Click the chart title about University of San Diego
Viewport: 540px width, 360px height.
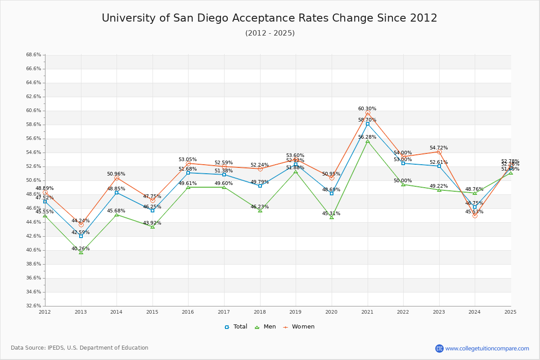click(x=270, y=18)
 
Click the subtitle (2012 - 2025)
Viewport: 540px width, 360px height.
click(x=270, y=33)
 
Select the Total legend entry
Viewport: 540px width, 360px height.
click(x=236, y=327)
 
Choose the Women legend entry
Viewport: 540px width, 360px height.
click(x=298, y=327)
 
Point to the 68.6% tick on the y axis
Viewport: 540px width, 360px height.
click(x=34, y=55)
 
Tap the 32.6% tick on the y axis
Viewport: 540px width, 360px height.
click(x=34, y=306)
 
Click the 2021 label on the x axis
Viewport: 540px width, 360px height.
click(x=368, y=311)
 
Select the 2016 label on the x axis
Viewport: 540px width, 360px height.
click(x=188, y=311)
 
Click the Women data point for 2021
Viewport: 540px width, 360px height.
click(x=368, y=113)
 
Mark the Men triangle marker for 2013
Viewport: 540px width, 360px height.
click(x=81, y=252)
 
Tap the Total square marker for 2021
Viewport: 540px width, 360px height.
click(x=368, y=124)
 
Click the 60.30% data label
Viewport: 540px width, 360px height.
click(x=367, y=108)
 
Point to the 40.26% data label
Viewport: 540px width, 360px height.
click(x=81, y=248)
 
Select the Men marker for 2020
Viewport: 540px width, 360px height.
click(x=332, y=217)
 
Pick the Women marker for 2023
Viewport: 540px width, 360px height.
click(x=439, y=152)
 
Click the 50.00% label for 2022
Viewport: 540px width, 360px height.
click(x=403, y=180)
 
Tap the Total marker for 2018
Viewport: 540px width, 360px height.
click(x=260, y=186)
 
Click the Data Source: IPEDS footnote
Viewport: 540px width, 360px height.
click(x=80, y=348)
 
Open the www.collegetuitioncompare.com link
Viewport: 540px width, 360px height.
click(x=487, y=348)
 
